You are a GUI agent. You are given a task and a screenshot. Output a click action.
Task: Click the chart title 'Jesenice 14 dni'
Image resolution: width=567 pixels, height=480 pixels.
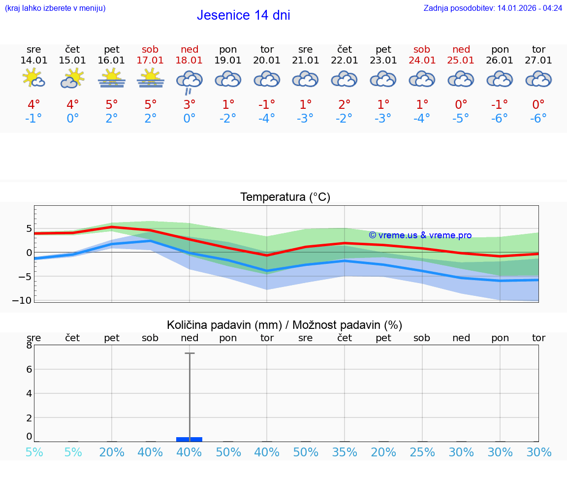coord(243,15)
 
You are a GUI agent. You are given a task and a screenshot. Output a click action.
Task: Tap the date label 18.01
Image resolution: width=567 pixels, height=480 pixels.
coord(189,60)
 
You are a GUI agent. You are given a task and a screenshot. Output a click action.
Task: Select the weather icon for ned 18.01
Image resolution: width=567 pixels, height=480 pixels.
coord(189,81)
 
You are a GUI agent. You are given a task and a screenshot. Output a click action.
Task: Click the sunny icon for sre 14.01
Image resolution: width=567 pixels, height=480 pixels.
coord(33,78)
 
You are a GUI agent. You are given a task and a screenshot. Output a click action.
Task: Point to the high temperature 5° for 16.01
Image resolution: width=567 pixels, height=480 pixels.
coord(112,104)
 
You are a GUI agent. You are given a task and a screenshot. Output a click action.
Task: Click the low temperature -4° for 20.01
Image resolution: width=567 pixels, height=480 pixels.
coord(267,118)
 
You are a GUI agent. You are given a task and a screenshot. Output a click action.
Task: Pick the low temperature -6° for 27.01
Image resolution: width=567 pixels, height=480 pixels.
coord(538,118)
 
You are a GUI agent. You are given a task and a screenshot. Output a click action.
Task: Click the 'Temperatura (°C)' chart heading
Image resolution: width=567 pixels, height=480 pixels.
coord(285,197)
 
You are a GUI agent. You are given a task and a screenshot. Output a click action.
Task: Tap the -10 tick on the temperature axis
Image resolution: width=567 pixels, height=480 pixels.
coord(25,300)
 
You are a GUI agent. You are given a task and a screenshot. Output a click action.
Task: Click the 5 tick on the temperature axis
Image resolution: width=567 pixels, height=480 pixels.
coord(29,228)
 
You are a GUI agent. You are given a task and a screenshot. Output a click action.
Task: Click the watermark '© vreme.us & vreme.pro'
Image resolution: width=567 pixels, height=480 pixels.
coord(420,235)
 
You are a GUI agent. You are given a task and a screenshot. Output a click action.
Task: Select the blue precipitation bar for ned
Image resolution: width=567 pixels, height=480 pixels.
coord(189,439)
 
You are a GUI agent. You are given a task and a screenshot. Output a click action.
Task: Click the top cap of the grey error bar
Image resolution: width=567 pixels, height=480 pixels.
coord(189,353)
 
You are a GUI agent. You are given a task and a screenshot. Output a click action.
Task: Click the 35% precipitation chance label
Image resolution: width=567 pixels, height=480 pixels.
coord(345,452)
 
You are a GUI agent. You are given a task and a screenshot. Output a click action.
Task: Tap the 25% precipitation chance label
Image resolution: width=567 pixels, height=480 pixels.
coord(422,452)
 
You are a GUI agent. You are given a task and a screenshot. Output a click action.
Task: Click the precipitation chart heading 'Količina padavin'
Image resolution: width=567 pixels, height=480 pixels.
coord(284,325)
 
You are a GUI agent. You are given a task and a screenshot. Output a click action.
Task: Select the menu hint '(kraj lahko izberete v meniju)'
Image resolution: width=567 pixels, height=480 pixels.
coord(55,8)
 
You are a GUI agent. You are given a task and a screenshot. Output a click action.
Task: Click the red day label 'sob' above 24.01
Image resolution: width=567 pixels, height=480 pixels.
coord(422,49)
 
